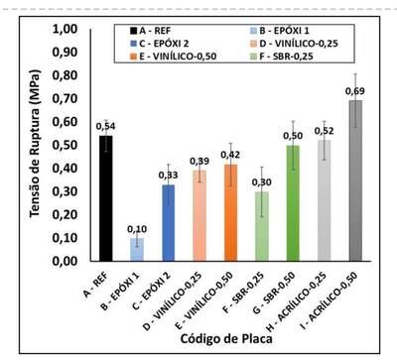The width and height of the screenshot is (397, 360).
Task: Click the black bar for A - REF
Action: click(106, 198)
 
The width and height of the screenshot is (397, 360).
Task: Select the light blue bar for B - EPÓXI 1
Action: click(137, 250)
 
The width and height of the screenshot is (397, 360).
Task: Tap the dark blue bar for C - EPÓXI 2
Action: click(168, 223)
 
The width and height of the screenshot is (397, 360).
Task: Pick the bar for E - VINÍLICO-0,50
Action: click(230, 212)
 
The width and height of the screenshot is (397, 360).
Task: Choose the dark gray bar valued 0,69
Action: click(355, 180)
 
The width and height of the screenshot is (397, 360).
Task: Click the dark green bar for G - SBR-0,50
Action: click(293, 203)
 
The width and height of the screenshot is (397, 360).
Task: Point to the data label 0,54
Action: click(105, 126)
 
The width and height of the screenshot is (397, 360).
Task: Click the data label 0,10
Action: click(137, 229)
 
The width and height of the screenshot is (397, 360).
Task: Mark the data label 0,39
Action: click(199, 161)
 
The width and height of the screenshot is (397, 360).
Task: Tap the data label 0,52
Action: click(325, 131)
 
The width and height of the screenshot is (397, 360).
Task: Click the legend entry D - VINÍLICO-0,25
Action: click(295, 44)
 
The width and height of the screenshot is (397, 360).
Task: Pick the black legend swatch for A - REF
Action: click(133, 31)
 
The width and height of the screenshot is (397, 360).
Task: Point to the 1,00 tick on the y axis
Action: click(65, 29)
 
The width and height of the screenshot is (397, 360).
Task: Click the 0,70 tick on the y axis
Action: click(65, 98)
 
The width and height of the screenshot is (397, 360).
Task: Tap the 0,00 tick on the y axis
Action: click(65, 261)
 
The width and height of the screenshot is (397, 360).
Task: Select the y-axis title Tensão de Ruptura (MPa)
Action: click(35, 144)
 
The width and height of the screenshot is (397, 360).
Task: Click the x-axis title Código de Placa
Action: click(226, 338)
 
